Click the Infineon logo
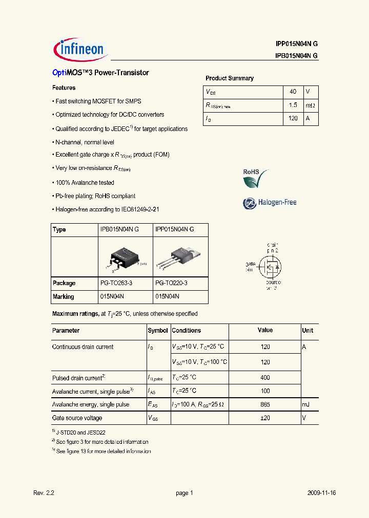click(79, 49)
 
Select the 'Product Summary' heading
click(230, 78)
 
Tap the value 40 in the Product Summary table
click(293, 92)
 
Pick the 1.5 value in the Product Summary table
click(293, 105)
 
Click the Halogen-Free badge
click(270, 203)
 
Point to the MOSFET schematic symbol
click(270, 267)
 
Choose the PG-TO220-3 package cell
click(171, 283)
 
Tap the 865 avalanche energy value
click(265, 404)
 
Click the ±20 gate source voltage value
click(265, 418)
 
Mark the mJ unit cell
click(306, 404)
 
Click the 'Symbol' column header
click(158, 331)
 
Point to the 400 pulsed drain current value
click(265, 378)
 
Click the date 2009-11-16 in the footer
click(321, 493)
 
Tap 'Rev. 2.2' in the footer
click(44, 493)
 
